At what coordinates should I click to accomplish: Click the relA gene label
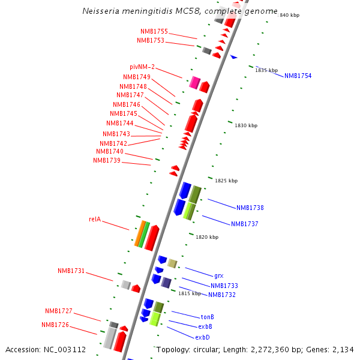tap(95, 220)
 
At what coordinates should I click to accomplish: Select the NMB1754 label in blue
tap(298, 76)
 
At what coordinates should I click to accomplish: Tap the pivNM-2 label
tap(142, 67)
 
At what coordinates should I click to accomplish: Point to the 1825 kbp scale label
tap(226, 181)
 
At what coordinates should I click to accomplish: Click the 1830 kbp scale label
tap(245, 125)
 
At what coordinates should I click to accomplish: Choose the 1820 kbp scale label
tap(207, 237)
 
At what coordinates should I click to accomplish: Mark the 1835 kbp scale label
tap(266, 70)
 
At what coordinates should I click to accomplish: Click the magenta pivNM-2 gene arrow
tap(194, 83)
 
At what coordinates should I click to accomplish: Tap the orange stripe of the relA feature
tap(139, 234)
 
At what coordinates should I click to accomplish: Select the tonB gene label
tap(208, 317)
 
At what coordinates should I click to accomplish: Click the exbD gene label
tap(202, 337)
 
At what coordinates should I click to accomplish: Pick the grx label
tap(218, 275)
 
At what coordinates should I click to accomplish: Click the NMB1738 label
tap(250, 208)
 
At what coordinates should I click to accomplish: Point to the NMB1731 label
tap(71, 271)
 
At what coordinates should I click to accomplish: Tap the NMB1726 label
tap(55, 325)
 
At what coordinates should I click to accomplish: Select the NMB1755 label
tap(154, 31)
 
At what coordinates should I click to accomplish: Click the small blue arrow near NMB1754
tap(234, 57)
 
